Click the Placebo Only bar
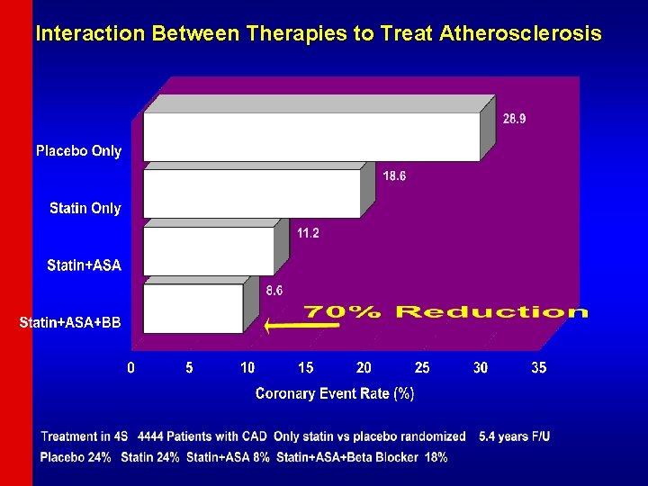310,136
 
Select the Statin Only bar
251,193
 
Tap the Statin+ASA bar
208,250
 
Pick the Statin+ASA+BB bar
193,308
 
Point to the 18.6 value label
394,176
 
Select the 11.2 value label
308,233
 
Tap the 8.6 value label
274,291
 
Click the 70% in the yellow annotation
343,312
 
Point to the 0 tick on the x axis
131,368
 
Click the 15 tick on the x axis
306,368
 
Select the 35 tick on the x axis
538,368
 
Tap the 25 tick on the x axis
422,368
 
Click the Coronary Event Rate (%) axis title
335,393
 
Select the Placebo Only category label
78,151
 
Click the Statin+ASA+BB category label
70,322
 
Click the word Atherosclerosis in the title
521,34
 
